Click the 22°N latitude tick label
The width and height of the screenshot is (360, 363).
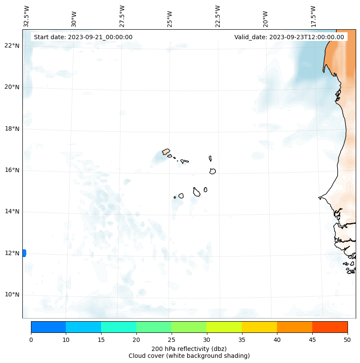point(12,46)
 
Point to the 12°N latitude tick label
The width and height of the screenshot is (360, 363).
point(12,253)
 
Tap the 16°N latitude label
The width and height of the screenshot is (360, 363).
point(12,170)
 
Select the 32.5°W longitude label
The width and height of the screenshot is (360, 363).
point(27,16)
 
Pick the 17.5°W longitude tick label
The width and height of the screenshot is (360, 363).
point(314,16)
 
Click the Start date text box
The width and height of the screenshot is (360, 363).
point(83,37)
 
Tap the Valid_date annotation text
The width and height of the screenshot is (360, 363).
point(289,37)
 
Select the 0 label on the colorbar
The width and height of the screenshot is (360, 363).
point(31,340)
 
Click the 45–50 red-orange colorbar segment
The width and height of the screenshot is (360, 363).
point(330,327)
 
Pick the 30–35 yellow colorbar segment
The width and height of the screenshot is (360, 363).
point(224,327)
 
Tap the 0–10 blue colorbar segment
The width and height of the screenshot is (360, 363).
point(48,327)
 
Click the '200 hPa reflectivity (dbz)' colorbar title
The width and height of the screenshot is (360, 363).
point(189,348)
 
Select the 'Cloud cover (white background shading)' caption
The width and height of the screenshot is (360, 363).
point(189,356)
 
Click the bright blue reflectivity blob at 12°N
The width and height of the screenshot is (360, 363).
point(24,253)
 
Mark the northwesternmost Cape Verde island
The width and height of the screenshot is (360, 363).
point(166,152)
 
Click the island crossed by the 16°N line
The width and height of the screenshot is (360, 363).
point(212,171)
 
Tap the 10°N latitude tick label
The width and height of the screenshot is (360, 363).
point(12,295)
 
